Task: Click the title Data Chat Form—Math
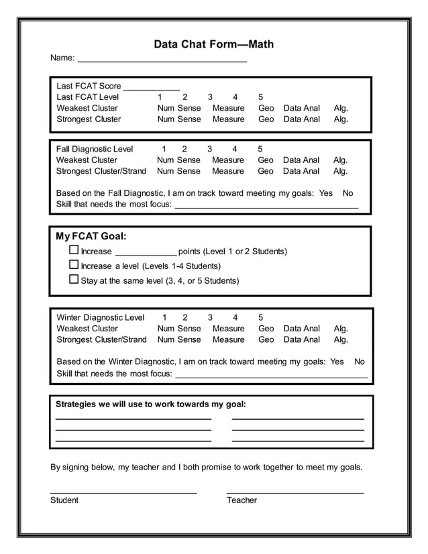(213, 44)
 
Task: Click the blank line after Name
(162, 60)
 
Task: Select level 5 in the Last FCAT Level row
(260, 97)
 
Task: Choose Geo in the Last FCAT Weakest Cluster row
(266, 108)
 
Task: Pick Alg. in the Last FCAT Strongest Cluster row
(341, 119)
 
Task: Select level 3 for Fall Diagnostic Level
(209, 149)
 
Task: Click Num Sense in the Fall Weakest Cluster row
(178, 160)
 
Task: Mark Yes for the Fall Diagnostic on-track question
(326, 193)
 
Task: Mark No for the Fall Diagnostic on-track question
(347, 193)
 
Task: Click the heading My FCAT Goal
(91, 236)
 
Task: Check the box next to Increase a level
(74, 265)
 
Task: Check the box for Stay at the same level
(74, 280)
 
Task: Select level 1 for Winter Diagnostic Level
(164, 317)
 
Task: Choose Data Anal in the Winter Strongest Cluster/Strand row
(301, 339)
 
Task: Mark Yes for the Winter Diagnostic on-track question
(337, 362)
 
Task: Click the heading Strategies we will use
(150, 404)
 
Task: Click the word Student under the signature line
(64, 500)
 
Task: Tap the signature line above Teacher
(295, 492)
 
